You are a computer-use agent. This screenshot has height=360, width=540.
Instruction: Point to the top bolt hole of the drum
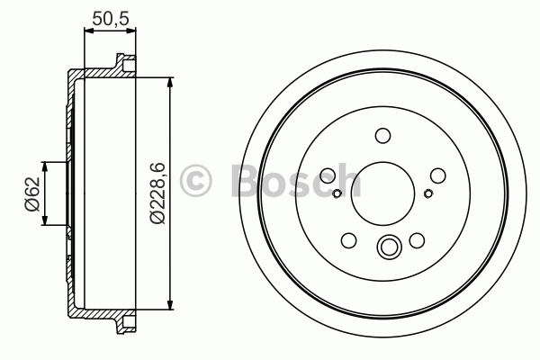[382, 136]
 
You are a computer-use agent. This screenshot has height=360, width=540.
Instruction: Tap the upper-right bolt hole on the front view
[438, 175]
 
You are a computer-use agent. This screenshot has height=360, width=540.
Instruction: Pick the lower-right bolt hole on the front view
[417, 240]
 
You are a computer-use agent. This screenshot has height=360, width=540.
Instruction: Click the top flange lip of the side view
[121, 64]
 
